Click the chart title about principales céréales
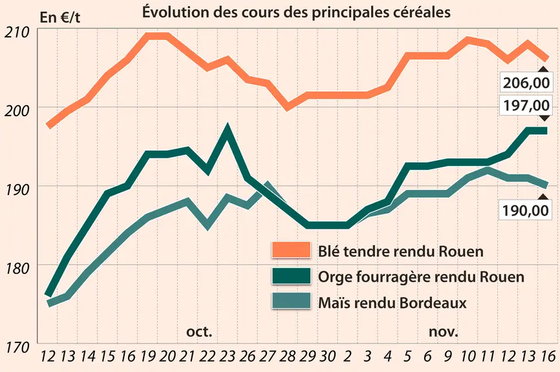click(x=296, y=12)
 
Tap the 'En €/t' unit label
click(x=60, y=17)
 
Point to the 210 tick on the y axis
click(x=16, y=32)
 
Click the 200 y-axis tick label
click(x=16, y=111)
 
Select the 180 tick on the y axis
click(x=16, y=268)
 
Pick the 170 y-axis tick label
click(x=16, y=347)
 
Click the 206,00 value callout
click(x=526, y=83)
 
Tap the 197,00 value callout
click(x=526, y=105)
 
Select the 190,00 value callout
click(x=525, y=211)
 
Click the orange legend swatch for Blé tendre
click(x=291, y=250)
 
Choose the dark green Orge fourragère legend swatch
click(x=291, y=276)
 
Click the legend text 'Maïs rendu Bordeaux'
click(x=392, y=303)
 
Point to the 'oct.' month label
click(x=199, y=332)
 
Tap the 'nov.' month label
click(x=443, y=332)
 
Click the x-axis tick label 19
click(x=147, y=356)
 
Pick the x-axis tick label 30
click(x=327, y=356)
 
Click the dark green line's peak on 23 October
click(x=227, y=127)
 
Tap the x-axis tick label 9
click(x=447, y=356)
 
